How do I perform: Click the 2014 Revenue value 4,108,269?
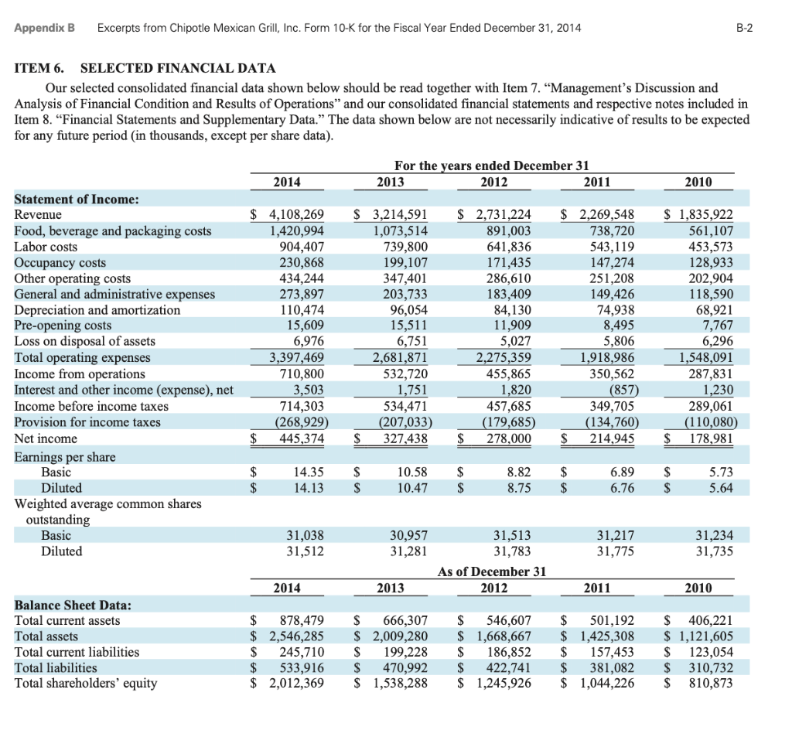[x=296, y=215]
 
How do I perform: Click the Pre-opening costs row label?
[x=63, y=326]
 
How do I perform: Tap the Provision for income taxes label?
[x=87, y=421]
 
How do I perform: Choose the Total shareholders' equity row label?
[x=85, y=683]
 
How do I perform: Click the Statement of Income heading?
[x=77, y=199]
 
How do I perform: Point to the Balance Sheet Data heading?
[x=73, y=604]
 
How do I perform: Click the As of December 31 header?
[x=492, y=571]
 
